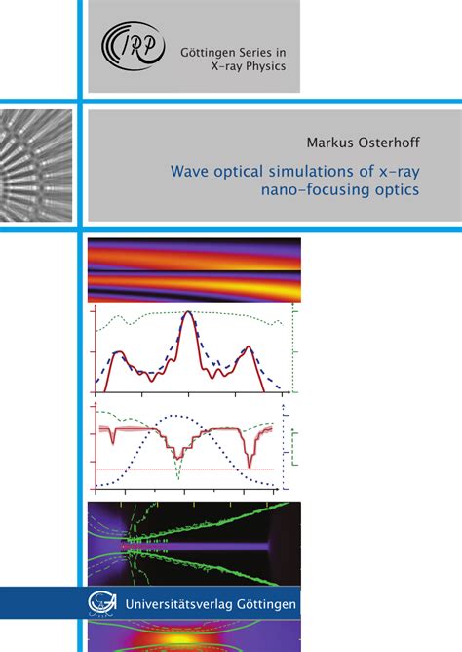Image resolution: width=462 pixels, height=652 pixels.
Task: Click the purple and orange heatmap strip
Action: click(194, 269)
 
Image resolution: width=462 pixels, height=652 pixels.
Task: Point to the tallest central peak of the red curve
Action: click(187, 314)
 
